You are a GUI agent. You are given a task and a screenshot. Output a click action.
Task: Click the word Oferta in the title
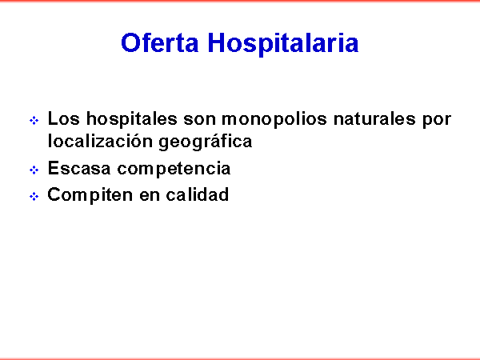tap(160, 42)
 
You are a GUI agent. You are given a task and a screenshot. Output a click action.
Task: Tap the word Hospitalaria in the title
tap(283, 44)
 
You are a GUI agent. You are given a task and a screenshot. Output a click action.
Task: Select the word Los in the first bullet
tap(63, 118)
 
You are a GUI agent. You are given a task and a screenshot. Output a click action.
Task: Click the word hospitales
tap(132, 119)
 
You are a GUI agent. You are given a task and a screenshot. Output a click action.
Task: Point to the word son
tap(199, 120)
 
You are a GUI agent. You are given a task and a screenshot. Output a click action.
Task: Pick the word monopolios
tap(274, 120)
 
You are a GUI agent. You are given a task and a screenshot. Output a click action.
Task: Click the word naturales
tap(374, 118)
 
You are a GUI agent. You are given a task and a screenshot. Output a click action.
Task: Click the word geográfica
tap(206, 142)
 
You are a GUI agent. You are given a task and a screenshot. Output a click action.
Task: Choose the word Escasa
tap(79, 168)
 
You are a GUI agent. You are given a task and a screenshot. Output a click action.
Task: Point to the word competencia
tap(174, 170)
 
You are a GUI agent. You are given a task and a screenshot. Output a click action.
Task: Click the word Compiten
tap(90, 195)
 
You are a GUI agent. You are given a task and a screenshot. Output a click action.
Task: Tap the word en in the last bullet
tap(150, 197)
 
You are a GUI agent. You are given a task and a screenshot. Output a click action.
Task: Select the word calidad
tap(198, 194)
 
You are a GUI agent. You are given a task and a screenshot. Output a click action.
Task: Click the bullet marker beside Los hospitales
tap(34, 121)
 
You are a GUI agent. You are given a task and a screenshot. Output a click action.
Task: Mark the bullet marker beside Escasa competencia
tap(34, 170)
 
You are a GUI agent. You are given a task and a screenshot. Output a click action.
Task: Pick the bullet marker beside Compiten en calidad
tap(34, 197)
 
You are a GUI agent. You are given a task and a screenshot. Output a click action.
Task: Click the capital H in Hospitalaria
tap(217, 42)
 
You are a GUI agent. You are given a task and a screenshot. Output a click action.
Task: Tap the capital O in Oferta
tap(130, 42)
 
